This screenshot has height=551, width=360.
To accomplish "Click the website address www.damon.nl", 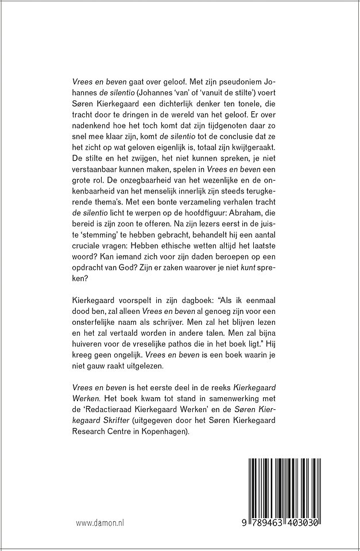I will (100, 524).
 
